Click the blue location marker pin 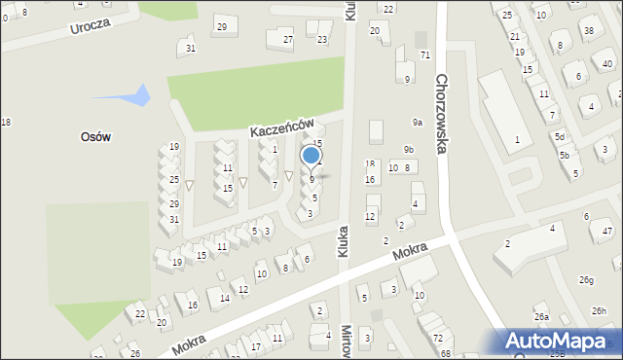[311, 156]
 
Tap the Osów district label [95, 137]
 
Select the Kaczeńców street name [280, 127]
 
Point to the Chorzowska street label [442, 115]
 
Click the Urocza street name [91, 24]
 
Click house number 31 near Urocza [190, 48]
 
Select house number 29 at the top [222, 26]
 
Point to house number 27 [287, 40]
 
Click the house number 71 [424, 54]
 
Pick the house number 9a [417, 123]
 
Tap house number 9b [409, 149]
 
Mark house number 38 [589, 30]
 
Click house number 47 [607, 232]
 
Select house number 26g [586, 280]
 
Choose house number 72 [438, 338]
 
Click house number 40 [607, 63]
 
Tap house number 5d [560, 137]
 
